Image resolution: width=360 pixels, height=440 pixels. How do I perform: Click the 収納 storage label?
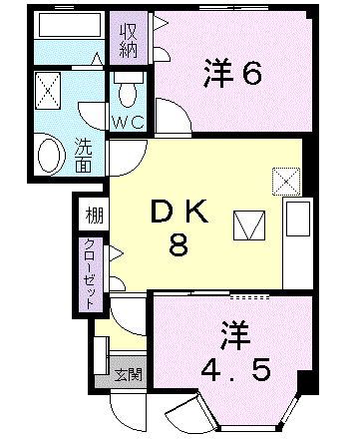129,38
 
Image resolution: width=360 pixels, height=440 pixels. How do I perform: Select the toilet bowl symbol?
126,91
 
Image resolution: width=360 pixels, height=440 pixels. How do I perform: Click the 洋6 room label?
233,73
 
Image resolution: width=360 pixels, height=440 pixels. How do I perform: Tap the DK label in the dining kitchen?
178,212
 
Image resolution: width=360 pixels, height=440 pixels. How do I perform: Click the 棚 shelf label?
92,215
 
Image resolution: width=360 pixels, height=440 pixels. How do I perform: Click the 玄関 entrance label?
127,375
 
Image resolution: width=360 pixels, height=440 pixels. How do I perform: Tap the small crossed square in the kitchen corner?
285,181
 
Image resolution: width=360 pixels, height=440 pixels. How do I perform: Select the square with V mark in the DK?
247,225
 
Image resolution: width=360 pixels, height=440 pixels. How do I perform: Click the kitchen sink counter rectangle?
296,240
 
